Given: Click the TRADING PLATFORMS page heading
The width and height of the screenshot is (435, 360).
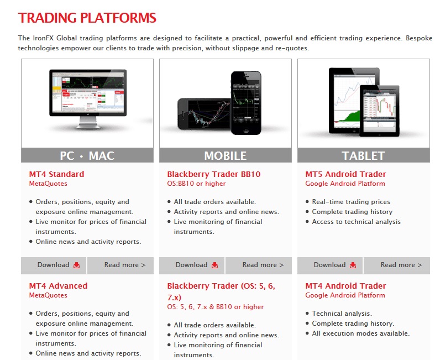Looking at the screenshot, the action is pyautogui.click(x=87, y=18).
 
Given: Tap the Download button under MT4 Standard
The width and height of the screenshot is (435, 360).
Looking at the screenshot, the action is pyautogui.click(x=54, y=265).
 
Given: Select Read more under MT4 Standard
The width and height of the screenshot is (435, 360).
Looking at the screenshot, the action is pyautogui.click(x=120, y=265).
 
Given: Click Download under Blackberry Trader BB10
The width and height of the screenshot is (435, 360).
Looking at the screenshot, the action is pyautogui.click(x=192, y=265).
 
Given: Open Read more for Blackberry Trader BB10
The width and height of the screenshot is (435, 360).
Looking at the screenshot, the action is pyautogui.click(x=259, y=265).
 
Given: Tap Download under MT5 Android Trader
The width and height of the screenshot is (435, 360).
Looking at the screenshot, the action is pyautogui.click(x=330, y=265).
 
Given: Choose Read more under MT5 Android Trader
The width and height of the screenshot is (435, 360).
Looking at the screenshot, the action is pyautogui.click(x=397, y=265).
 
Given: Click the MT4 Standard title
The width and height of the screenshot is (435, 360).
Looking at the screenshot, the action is pyautogui.click(x=56, y=174).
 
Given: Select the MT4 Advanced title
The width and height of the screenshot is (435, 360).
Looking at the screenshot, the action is pyautogui.click(x=58, y=285).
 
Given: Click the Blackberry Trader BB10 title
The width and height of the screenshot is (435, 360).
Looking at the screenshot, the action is pyautogui.click(x=214, y=174).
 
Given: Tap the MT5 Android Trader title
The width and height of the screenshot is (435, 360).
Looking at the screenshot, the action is pyautogui.click(x=345, y=174).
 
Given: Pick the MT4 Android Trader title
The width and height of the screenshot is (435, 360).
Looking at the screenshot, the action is pyautogui.click(x=345, y=285).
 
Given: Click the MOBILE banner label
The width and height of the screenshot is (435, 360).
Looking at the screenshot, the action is pyautogui.click(x=226, y=155).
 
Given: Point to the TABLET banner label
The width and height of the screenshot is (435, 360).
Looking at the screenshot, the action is pyautogui.click(x=363, y=155).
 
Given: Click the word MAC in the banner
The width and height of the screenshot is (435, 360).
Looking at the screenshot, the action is pyautogui.click(x=102, y=155).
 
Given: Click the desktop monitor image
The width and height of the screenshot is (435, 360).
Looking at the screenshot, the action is pyautogui.click(x=88, y=98).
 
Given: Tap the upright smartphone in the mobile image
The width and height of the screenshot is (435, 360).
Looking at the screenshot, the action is pyautogui.click(x=246, y=103).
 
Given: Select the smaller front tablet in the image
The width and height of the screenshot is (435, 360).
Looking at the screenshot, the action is pyautogui.click(x=380, y=111).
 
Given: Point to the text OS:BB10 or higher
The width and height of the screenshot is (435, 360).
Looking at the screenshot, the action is pyautogui.click(x=196, y=184).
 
